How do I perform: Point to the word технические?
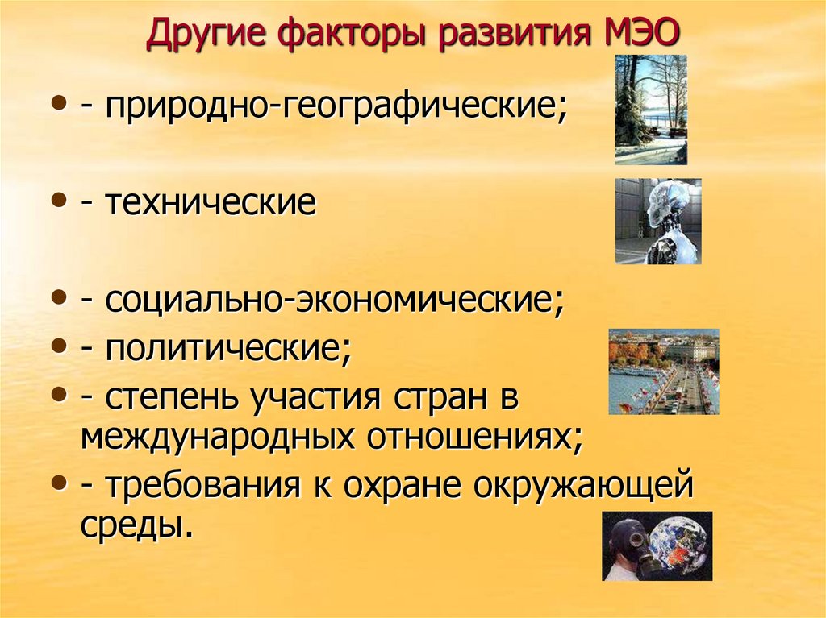pyautogui.click(x=209, y=203)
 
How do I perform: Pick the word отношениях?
pyautogui.click(x=475, y=437)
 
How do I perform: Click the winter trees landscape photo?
pyautogui.click(x=651, y=110)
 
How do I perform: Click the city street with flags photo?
pyautogui.click(x=663, y=371)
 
